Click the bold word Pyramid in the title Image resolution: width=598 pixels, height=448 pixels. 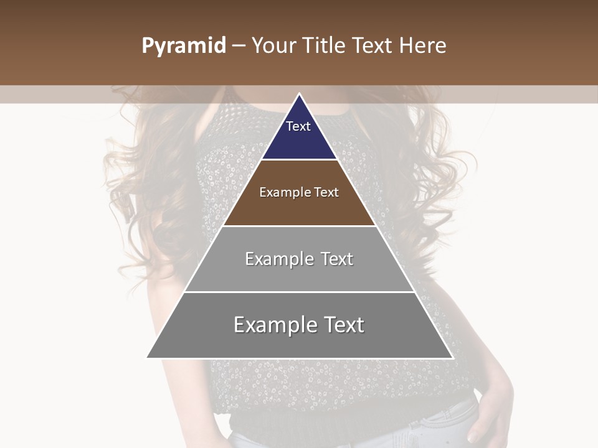pyautogui.click(x=184, y=46)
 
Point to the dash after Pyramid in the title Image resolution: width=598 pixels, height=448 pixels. pyautogui.click(x=239, y=46)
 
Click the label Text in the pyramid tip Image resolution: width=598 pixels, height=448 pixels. pyautogui.click(x=298, y=126)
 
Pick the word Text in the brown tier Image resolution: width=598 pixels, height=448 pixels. pyautogui.click(x=326, y=192)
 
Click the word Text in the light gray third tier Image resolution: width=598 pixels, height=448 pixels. pyautogui.click(x=337, y=259)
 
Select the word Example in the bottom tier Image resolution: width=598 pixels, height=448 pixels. pyautogui.click(x=272, y=325)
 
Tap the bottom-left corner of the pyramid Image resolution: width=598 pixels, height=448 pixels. pyautogui.click(x=148, y=358)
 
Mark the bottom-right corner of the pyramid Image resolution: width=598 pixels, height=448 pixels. pyautogui.click(x=452, y=358)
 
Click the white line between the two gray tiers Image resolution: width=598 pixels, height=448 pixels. pyautogui.click(x=299, y=292)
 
